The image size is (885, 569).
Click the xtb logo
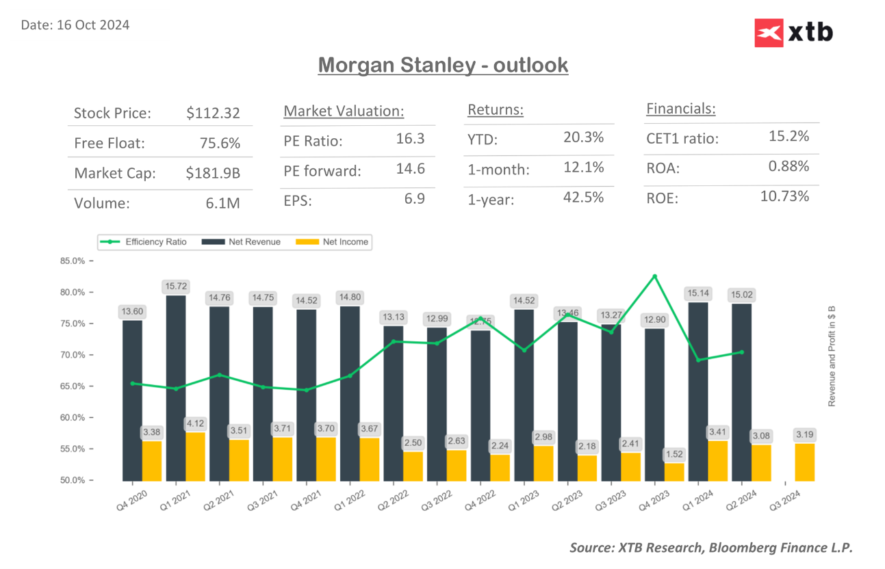pos(793,33)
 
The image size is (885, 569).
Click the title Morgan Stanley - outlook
pos(443,66)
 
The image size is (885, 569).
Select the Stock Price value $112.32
pos(213,114)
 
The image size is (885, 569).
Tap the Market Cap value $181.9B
pos(213,174)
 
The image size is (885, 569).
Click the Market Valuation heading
pos(344,111)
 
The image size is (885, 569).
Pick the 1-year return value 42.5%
pos(583,198)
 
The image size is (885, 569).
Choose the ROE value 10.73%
pos(784,196)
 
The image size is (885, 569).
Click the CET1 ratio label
pos(682,139)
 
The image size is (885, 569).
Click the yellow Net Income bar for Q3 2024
pos(805,462)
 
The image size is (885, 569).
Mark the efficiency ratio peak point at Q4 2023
pos(654,276)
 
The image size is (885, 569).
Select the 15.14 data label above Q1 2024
pos(698,293)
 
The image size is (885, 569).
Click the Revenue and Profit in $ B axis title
pos(832,356)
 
